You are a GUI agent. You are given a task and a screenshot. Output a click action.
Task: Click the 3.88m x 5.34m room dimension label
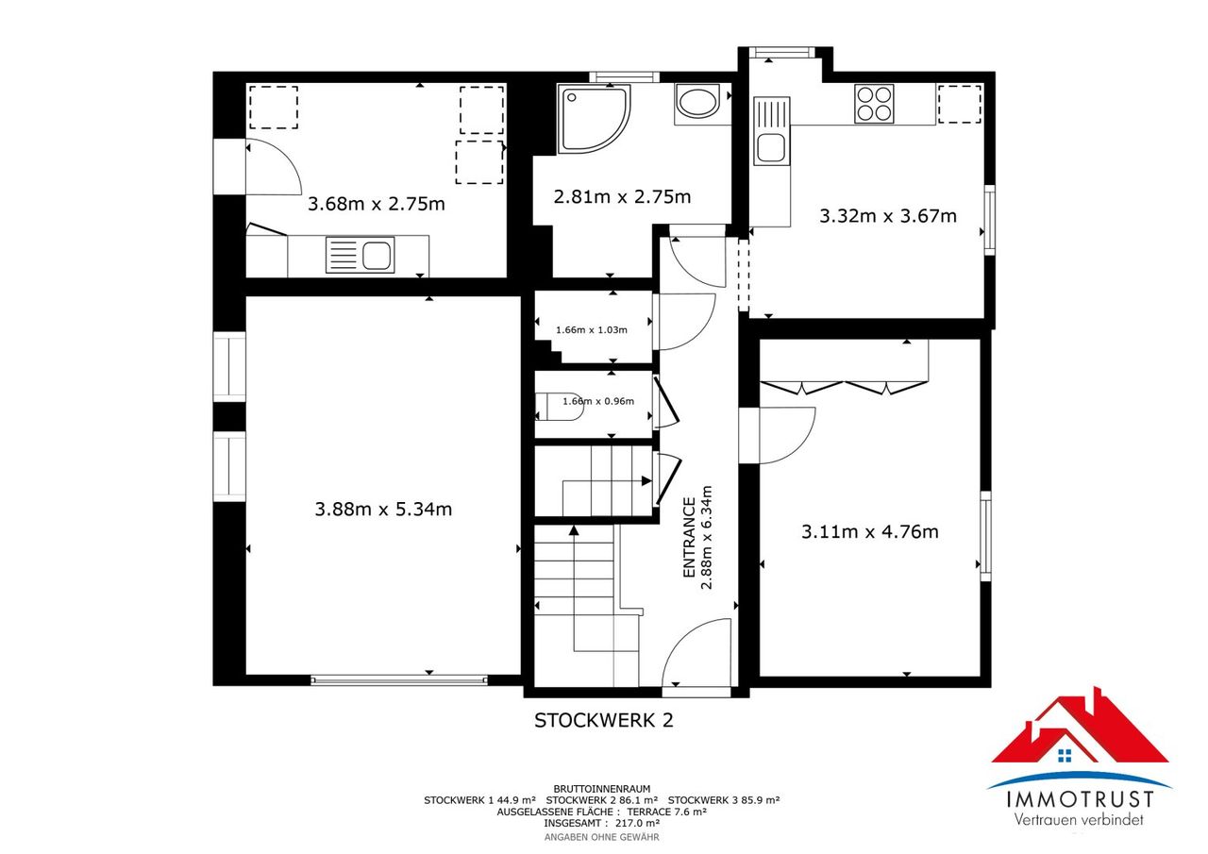coord(383,509)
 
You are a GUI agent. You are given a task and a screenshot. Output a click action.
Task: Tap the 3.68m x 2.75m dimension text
coord(376,204)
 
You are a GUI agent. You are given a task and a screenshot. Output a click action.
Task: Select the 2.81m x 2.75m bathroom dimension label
coord(622,196)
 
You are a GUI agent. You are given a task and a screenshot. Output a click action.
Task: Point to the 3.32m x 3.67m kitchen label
coord(888,216)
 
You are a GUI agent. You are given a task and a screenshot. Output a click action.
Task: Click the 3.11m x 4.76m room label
coord(869,531)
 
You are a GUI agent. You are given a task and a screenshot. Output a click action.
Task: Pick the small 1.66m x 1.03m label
coord(592,329)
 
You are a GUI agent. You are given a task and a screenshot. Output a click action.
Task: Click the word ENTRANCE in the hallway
coord(689,538)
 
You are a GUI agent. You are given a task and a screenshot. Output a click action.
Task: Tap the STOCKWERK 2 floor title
coord(603,720)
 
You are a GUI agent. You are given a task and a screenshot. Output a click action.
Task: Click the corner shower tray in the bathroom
coord(595,119)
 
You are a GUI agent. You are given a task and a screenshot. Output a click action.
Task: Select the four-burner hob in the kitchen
coord(874,104)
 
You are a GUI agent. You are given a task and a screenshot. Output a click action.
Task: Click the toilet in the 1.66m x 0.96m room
coord(560,407)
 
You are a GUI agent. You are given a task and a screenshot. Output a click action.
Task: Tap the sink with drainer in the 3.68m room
coord(360,255)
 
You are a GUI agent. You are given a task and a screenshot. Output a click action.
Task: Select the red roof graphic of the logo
coord(1081,727)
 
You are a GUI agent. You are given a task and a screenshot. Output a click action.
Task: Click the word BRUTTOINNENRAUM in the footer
coord(602,789)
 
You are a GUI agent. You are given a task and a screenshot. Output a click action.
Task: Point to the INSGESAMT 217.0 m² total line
coord(602,823)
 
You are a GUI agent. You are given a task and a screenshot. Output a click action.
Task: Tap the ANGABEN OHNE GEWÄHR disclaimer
coord(602,837)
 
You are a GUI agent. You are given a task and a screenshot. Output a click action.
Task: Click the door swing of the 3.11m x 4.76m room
coord(787,436)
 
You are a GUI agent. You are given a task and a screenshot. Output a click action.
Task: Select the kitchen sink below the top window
coord(771,130)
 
